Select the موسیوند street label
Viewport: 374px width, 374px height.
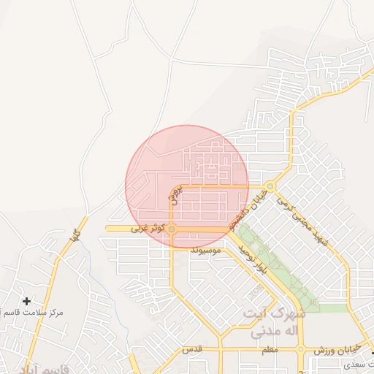click(x=205, y=251)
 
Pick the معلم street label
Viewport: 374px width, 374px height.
click(x=270, y=351)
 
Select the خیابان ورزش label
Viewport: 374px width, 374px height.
click(x=332, y=351)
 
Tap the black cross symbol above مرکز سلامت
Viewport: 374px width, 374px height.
click(x=27, y=301)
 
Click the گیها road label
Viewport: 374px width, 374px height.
click(x=73, y=236)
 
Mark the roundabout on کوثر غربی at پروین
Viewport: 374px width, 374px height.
click(x=172, y=229)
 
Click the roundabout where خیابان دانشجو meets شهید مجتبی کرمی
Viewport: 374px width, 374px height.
click(x=270, y=186)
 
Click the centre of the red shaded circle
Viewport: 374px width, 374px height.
click(x=187, y=186)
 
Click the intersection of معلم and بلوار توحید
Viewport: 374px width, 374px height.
click(x=299, y=350)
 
